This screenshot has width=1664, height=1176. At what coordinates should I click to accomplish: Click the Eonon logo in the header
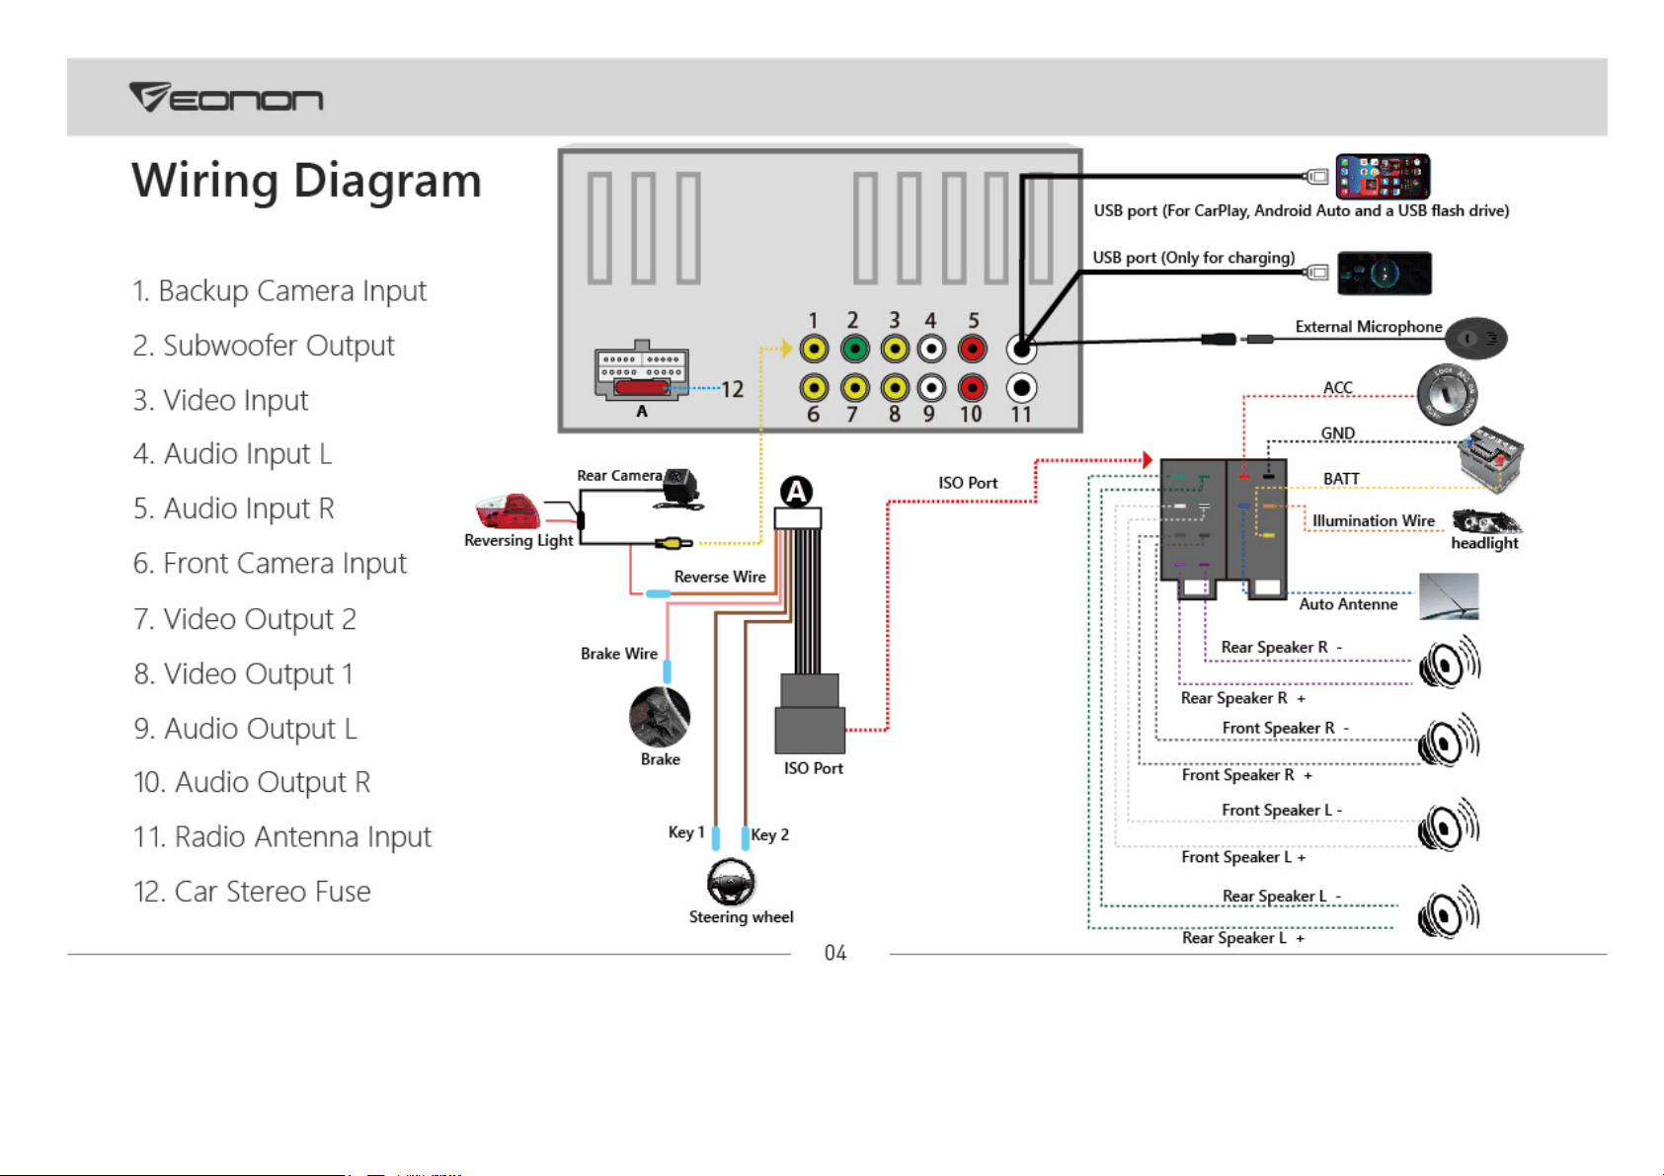pos(226,97)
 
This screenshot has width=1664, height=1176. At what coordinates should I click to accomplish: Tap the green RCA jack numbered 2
pos(854,349)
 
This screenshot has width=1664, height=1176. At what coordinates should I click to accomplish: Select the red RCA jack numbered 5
pos(973,349)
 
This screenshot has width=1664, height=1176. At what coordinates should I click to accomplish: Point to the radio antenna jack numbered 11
pos(1021,387)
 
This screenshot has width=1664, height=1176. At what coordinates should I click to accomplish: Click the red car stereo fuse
pos(641,387)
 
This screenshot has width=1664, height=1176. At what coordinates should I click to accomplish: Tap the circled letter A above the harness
pos(796,491)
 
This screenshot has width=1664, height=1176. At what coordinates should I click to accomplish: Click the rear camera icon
pos(679,488)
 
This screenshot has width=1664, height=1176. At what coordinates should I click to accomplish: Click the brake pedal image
pos(660,717)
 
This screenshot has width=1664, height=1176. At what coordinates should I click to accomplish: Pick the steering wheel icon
pos(730,882)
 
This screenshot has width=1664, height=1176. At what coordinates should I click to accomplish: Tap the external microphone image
pos(1476,338)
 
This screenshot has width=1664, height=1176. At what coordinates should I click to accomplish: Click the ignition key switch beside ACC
pos(1447,394)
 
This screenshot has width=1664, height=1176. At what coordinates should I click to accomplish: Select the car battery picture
pos(1490,458)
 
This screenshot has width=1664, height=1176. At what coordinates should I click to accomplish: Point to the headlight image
pos(1486,521)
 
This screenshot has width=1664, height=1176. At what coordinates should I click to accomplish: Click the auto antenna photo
pos(1449,595)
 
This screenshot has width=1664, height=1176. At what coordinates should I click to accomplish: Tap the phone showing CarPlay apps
pos(1383,176)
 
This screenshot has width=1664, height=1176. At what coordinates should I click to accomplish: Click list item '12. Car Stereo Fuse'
pos(252,891)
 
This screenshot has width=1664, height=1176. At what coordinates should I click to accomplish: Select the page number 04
pos(835,953)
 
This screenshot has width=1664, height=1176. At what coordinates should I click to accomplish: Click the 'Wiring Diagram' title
pos(306,182)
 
